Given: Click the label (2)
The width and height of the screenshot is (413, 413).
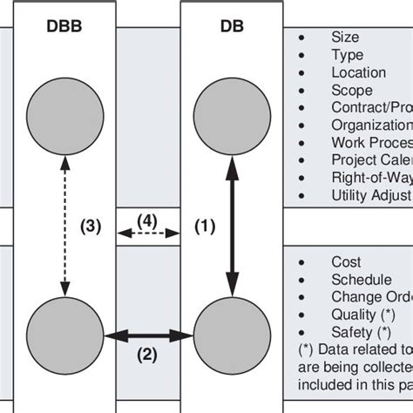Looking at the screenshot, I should (x=147, y=354).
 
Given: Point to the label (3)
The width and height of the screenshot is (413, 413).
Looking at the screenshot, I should (x=91, y=227).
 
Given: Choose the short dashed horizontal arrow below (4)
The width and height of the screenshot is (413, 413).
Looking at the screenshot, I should (x=148, y=233).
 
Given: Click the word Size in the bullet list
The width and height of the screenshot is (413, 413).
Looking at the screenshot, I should (x=345, y=37).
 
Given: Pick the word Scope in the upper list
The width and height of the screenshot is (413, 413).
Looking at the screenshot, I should (x=351, y=90).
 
